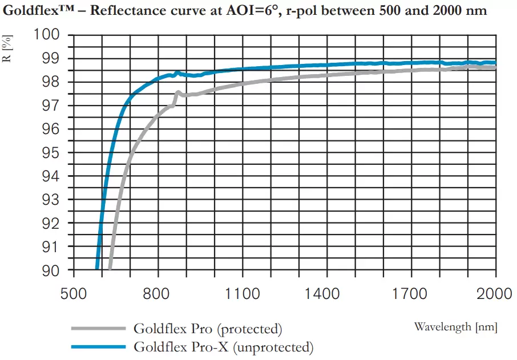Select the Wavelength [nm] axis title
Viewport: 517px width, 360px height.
pyautogui.click(x=455, y=327)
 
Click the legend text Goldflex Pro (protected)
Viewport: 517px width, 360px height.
pyautogui.click(x=208, y=329)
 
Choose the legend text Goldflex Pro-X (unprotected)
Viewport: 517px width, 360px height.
pyautogui.click(x=223, y=347)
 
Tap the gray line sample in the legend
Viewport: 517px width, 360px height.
pyautogui.click(x=98, y=329)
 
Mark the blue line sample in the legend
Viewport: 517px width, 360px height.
pyautogui.click(x=98, y=347)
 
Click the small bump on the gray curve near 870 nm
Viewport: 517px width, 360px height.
pyautogui.click(x=178, y=92)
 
